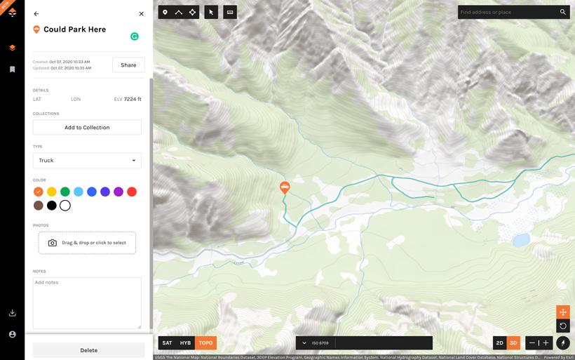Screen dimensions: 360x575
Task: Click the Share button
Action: click(x=128, y=65)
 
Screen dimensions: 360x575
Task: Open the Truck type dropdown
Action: click(x=87, y=161)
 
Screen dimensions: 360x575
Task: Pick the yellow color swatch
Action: click(x=51, y=192)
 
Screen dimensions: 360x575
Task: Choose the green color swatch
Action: click(x=65, y=192)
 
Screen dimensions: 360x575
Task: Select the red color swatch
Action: click(x=131, y=192)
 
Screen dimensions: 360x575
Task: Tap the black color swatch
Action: click(x=51, y=206)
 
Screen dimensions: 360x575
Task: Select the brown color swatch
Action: click(x=38, y=206)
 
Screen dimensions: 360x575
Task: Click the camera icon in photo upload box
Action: click(x=53, y=243)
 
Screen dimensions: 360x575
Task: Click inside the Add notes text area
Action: click(x=87, y=302)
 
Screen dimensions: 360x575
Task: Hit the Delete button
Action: click(x=88, y=350)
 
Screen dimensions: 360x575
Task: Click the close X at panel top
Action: click(x=141, y=13)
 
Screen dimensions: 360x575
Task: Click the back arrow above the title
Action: click(x=36, y=13)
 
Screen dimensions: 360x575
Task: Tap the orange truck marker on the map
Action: click(x=285, y=187)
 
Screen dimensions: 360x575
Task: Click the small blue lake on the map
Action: click(x=520, y=240)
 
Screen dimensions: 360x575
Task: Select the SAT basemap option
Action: click(x=167, y=343)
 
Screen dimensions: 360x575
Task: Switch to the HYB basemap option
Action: click(x=185, y=343)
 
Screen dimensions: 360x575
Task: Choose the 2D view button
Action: click(x=499, y=343)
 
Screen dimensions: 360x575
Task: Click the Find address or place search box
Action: click(x=508, y=12)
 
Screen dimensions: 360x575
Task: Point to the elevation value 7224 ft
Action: click(x=132, y=99)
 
